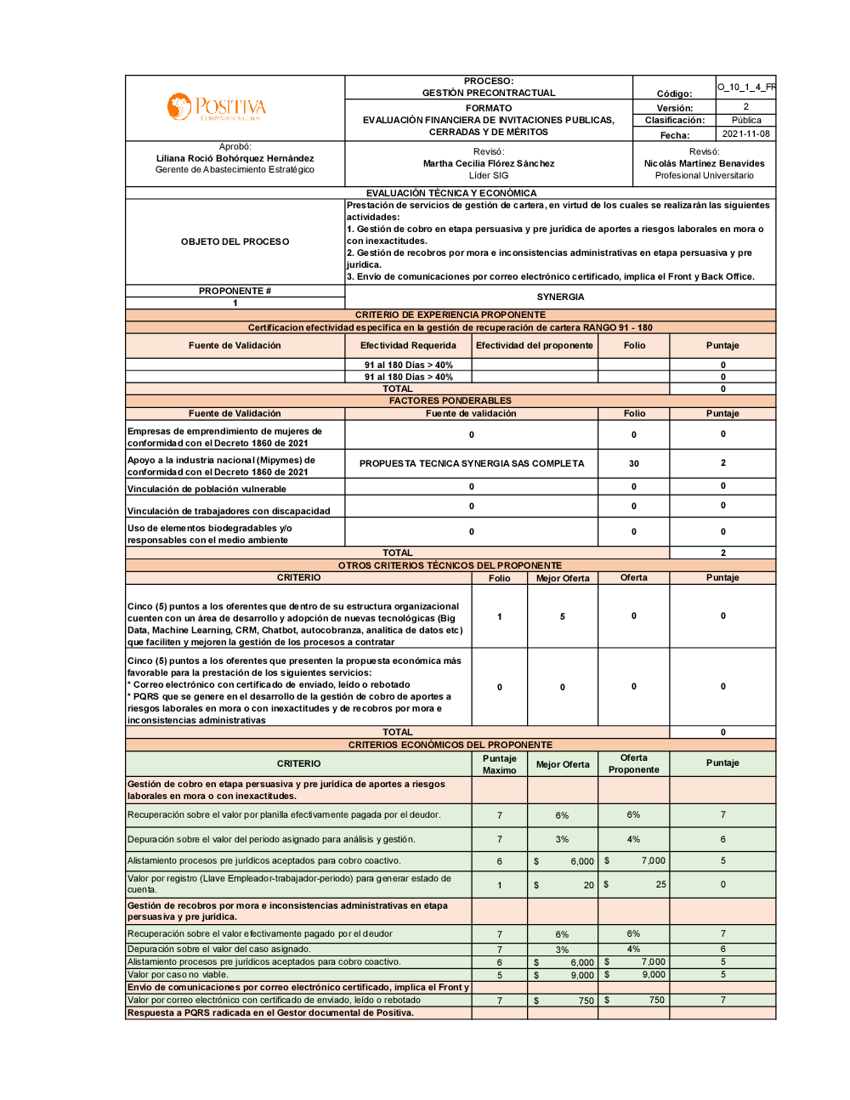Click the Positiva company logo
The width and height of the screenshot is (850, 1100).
tap(217, 107)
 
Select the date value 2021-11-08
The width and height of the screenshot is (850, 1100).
tap(745, 134)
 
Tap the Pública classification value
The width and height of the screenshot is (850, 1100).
tap(745, 121)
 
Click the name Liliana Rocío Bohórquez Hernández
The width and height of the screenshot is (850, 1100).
tap(235, 158)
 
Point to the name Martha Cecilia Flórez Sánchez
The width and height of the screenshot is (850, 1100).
tap(489, 163)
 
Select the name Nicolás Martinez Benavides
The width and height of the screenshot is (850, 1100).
tap(704, 163)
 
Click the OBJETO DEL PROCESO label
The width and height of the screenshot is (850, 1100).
tap(235, 242)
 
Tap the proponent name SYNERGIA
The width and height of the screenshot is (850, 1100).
tap(560, 297)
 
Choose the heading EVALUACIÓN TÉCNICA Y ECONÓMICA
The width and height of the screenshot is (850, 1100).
tap(451, 193)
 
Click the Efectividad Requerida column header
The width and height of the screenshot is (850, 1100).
tap(408, 346)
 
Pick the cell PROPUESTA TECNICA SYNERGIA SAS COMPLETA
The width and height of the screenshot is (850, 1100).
tap(472, 464)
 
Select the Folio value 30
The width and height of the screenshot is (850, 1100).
tap(634, 464)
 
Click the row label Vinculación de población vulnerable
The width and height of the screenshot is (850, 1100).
tap(207, 489)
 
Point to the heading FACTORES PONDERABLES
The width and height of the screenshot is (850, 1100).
tap(450, 400)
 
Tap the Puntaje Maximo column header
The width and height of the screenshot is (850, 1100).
tap(499, 764)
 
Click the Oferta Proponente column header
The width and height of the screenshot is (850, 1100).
tap(633, 763)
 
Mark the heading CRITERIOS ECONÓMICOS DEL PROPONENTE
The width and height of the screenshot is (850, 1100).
tap(450, 745)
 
